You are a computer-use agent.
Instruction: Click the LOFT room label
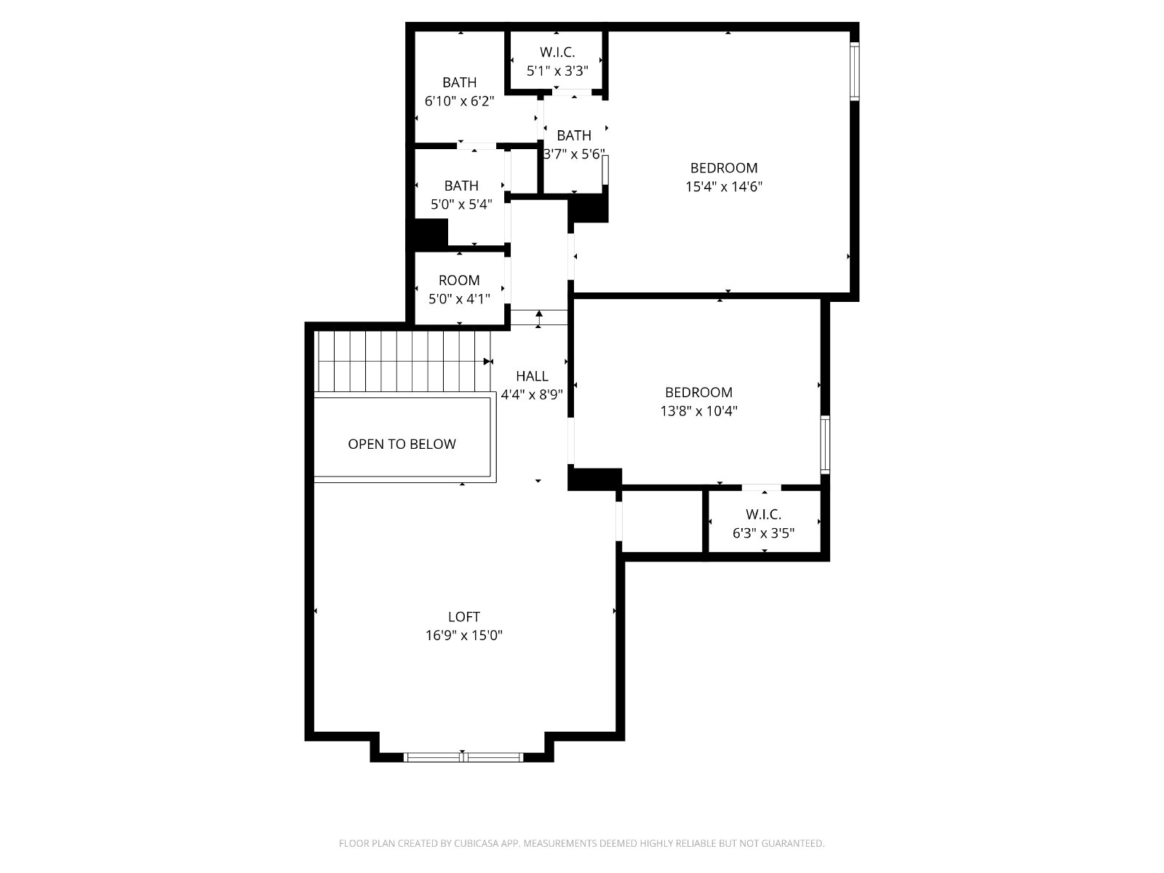click(464, 616)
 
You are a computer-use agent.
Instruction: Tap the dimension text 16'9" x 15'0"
click(464, 635)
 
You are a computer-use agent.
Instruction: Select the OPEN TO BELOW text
click(402, 445)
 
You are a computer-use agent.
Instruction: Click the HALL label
click(532, 376)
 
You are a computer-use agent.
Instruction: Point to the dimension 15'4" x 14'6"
click(724, 186)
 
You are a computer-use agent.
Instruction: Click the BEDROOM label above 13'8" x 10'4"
click(699, 392)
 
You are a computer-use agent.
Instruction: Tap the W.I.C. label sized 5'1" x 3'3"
click(557, 52)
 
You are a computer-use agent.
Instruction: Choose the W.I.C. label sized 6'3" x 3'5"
click(763, 514)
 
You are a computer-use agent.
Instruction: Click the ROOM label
click(459, 280)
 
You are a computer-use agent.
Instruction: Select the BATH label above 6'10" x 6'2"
click(460, 83)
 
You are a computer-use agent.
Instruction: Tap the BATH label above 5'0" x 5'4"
click(461, 186)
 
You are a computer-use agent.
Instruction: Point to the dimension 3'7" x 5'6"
click(574, 154)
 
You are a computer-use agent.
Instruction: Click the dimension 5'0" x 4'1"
click(459, 299)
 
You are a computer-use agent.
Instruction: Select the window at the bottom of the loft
click(463, 757)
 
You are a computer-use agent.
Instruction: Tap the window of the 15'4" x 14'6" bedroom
click(855, 71)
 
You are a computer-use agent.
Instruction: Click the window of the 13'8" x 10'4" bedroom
click(825, 445)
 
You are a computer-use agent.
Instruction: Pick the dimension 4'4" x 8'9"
click(532, 395)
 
